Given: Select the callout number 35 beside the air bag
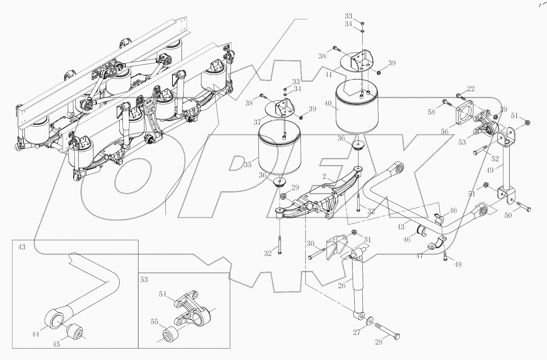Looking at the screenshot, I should (x=248, y=164).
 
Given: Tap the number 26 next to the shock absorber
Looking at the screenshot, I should (x=342, y=286).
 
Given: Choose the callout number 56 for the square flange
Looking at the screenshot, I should (x=445, y=131).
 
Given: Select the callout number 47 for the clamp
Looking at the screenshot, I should (x=419, y=255).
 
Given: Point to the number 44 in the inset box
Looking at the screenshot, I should (x=35, y=334).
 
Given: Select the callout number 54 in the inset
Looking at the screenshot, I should (x=163, y=294).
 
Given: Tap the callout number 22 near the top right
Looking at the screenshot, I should (x=471, y=89).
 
